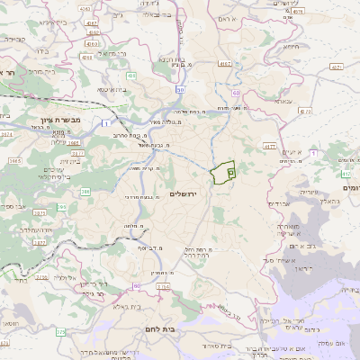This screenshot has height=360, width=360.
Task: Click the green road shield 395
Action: (60, 208)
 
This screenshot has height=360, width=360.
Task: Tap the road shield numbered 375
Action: (61, 332)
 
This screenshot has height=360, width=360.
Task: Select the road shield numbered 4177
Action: (268, 145)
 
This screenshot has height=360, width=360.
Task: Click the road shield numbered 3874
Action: (7, 135)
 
